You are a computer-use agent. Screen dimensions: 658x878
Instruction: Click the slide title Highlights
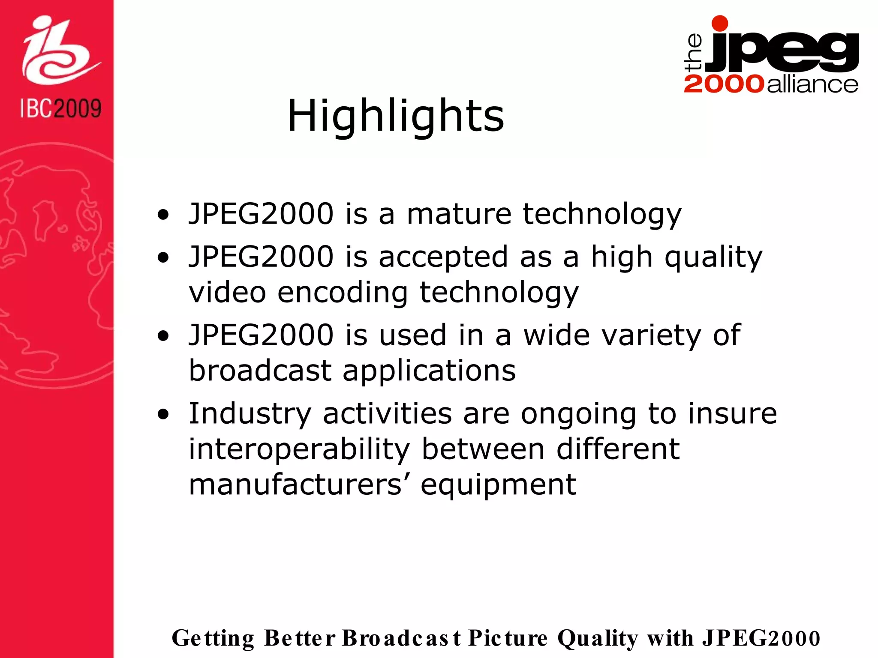point(395,116)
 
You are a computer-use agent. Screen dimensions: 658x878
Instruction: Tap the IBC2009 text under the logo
point(60,108)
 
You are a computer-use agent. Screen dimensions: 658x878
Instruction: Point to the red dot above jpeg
point(720,24)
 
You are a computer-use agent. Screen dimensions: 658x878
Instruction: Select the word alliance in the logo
point(812,84)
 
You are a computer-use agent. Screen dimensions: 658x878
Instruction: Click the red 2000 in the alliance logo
point(724,84)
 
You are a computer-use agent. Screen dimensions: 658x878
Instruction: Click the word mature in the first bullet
point(459,214)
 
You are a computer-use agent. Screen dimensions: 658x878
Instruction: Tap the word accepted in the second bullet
point(443,257)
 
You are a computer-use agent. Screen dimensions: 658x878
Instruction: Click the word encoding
point(343,293)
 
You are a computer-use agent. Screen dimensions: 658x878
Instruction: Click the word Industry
point(250,414)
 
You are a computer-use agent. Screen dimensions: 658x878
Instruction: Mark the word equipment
point(498,485)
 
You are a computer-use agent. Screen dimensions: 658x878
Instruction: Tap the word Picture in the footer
point(508,638)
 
